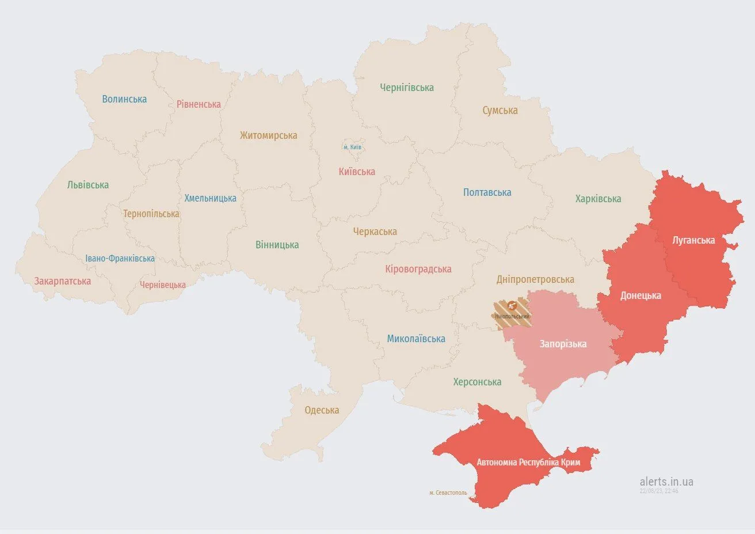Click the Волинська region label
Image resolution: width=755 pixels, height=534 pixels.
click(x=124, y=99)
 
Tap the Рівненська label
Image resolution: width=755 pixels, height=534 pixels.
click(x=199, y=104)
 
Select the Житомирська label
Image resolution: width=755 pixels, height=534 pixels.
click(x=269, y=135)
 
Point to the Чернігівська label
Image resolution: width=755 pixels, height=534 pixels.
click(x=407, y=88)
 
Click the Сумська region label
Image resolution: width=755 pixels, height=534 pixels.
click(x=500, y=110)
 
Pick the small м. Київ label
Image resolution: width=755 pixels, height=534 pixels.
click(x=353, y=147)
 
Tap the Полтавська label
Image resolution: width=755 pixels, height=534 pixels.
click(x=487, y=192)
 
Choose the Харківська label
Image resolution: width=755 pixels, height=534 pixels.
click(x=598, y=199)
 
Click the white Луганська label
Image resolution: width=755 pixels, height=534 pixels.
click(x=693, y=240)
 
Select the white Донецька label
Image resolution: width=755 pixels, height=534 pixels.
click(x=640, y=296)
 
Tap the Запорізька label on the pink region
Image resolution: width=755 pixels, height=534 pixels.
click(x=563, y=344)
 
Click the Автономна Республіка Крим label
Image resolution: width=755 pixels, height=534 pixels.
click(x=528, y=463)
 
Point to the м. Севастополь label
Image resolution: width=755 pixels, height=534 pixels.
click(x=448, y=493)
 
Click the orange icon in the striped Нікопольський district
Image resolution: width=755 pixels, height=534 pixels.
click(x=512, y=306)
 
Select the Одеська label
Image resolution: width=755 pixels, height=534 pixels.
click(x=322, y=410)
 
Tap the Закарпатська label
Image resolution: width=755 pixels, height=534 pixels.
click(x=62, y=281)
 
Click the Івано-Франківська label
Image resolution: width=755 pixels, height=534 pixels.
click(x=120, y=259)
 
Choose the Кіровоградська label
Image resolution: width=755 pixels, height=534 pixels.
click(x=418, y=269)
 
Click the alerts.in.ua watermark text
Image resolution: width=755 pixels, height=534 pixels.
click(x=666, y=482)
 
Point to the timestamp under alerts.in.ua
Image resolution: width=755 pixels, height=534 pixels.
click(x=659, y=491)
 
